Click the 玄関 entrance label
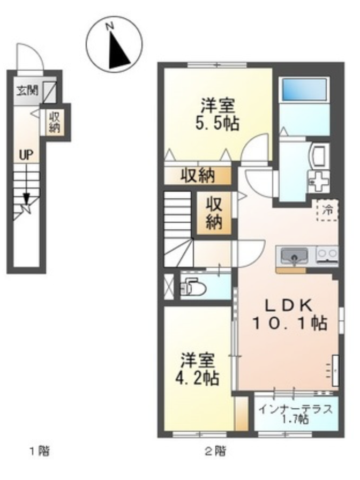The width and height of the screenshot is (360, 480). click(x=27, y=91)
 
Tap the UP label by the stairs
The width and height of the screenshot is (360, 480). click(x=26, y=155)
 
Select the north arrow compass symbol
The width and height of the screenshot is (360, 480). click(x=114, y=46)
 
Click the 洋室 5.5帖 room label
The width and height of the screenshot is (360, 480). click(x=217, y=115)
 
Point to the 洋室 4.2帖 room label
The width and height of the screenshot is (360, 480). click(x=197, y=369)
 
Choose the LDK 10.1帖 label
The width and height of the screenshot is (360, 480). click(x=289, y=314)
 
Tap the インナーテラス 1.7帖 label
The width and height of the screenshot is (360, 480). click(x=295, y=414)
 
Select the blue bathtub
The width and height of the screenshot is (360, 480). click(x=304, y=89)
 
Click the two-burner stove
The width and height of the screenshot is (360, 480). click(x=327, y=254)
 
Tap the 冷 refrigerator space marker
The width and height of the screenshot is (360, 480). click(x=327, y=210)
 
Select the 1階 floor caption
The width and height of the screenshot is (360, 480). click(x=39, y=451)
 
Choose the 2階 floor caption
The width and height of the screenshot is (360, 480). click(x=215, y=451)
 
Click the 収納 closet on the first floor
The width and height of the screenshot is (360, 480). click(x=55, y=122)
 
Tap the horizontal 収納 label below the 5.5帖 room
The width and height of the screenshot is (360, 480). click(x=197, y=176)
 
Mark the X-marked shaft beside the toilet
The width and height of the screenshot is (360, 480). click(x=168, y=287)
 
